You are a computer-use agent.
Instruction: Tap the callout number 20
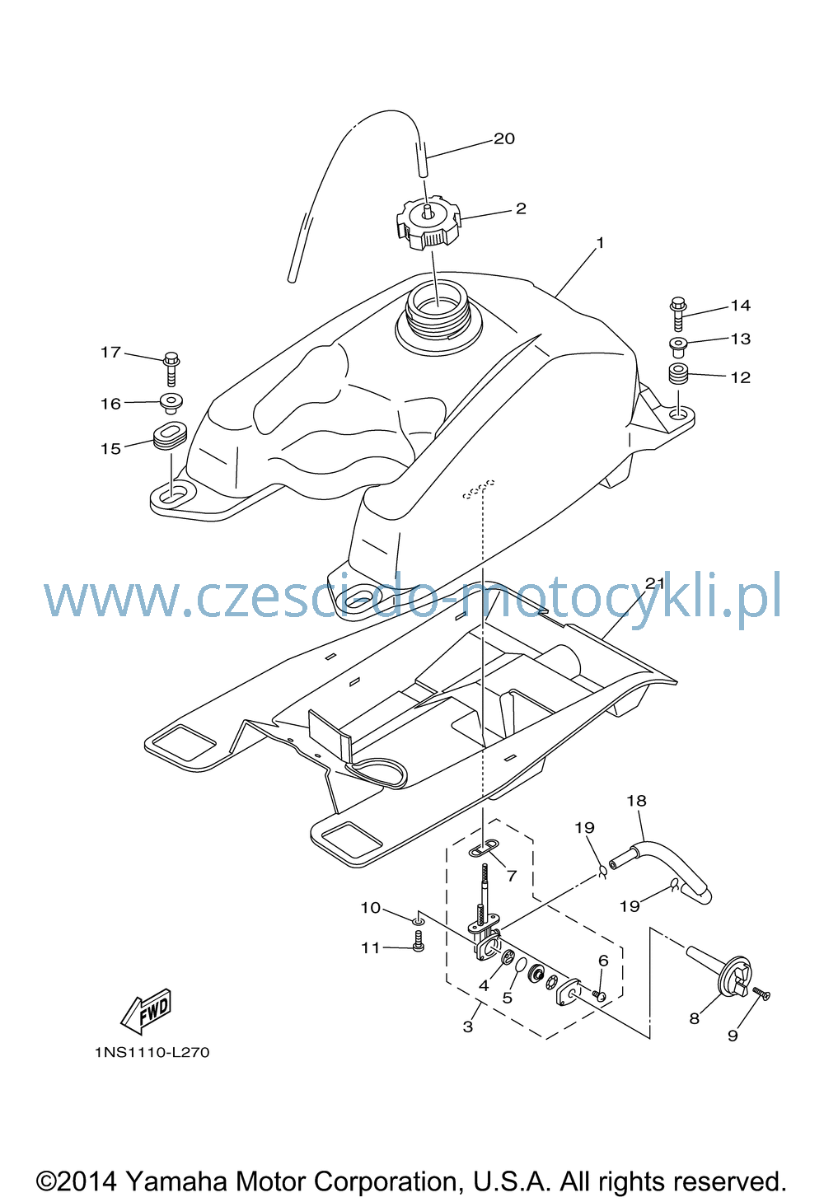pyautogui.click(x=504, y=138)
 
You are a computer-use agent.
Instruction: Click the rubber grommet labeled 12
pyautogui.click(x=679, y=374)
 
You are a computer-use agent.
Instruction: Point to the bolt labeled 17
pyautogui.click(x=171, y=368)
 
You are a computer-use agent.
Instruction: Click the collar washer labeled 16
pyautogui.click(x=171, y=404)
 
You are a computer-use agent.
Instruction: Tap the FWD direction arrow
pyautogui.click(x=146, y=1011)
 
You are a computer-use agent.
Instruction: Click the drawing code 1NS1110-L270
pyautogui.click(x=152, y=1052)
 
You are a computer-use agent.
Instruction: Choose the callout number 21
pyautogui.click(x=655, y=583)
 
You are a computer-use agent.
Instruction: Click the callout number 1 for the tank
pyautogui.click(x=600, y=243)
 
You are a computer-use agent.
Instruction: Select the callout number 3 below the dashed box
pyautogui.click(x=468, y=1027)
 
